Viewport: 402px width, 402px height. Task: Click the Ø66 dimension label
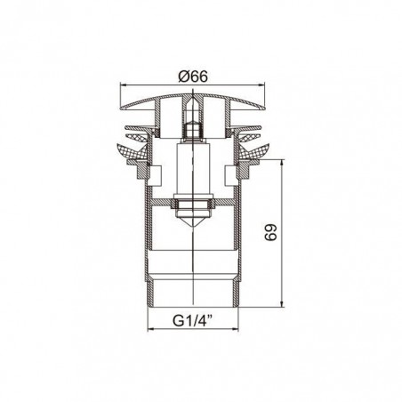pos(193,76)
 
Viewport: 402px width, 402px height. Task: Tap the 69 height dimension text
pos(271,232)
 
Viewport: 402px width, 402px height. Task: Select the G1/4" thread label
pos(193,320)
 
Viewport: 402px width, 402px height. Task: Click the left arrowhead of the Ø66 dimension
pos(123,85)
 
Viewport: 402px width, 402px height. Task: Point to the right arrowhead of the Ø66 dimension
pos(261,85)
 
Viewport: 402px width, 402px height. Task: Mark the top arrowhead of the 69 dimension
pos(282,164)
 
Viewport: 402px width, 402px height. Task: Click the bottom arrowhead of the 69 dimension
pos(282,302)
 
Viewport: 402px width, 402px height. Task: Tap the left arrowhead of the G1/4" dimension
pos(151,329)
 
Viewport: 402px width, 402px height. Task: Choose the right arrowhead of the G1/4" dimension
pos(235,329)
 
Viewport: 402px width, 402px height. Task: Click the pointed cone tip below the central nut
pos(193,227)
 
